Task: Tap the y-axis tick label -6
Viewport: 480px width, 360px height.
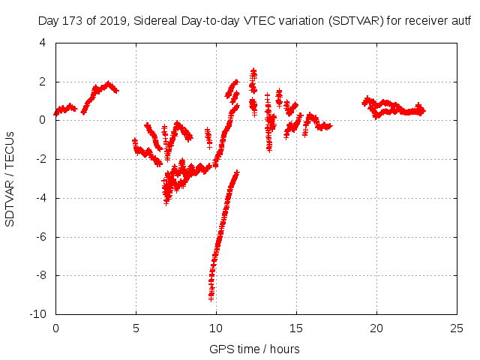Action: [42, 237]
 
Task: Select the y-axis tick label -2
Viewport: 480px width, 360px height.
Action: [42, 159]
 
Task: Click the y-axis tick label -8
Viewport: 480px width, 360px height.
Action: [42, 275]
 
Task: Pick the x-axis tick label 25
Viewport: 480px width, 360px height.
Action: [456, 328]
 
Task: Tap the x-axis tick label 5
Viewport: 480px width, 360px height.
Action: [136, 328]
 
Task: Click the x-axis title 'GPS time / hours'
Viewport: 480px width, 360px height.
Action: [255, 349]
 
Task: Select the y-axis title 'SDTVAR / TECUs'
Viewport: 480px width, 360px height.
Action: [11, 178]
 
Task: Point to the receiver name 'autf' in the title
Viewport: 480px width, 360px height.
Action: [460, 21]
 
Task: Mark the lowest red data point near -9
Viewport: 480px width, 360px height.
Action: [211, 298]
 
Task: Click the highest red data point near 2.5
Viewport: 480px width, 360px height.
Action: [253, 70]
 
